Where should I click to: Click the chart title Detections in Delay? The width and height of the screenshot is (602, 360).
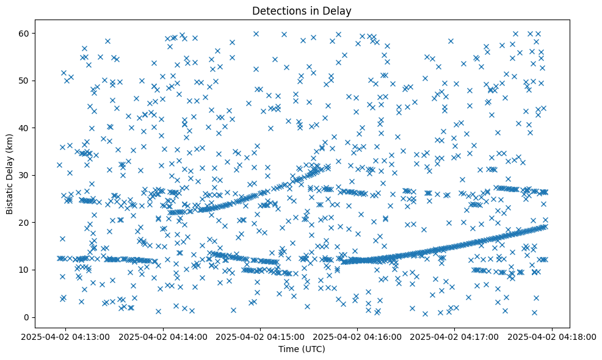(302, 10)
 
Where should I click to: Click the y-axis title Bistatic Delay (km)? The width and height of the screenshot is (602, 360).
(10, 174)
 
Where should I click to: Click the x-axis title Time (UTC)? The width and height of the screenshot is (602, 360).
(302, 349)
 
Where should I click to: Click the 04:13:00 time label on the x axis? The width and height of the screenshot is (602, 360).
(67, 336)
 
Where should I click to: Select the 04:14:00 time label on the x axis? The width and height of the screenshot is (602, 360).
(164, 336)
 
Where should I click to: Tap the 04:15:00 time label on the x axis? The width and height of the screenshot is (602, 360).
(261, 336)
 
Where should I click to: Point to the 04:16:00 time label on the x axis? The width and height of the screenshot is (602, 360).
(358, 336)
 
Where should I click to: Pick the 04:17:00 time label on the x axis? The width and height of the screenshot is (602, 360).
(455, 336)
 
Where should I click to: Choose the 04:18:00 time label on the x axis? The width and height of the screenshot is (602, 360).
(552, 336)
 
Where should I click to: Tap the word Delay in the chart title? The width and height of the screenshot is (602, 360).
(338, 10)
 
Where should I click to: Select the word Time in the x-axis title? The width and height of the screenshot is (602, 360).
(288, 349)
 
